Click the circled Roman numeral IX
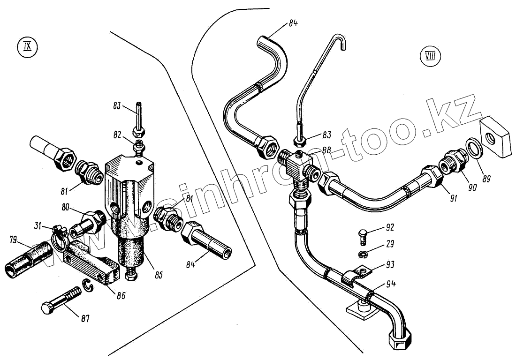pos(26,48)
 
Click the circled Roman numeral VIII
pos(429,58)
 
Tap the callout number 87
pos(85,319)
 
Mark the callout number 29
pos(390,244)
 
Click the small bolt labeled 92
pos(363,235)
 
